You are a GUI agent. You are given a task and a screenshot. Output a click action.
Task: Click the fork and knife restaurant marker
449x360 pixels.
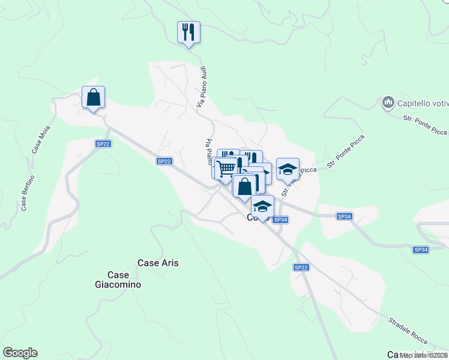[x=188, y=32]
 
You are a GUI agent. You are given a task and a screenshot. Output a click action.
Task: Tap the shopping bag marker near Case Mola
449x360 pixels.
[x=93, y=97]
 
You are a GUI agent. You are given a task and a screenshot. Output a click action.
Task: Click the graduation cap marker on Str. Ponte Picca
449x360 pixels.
[x=288, y=169]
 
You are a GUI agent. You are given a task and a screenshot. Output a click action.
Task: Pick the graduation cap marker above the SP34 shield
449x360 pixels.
[x=262, y=206]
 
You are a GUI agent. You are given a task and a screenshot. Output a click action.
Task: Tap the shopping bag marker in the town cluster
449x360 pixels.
[x=244, y=186]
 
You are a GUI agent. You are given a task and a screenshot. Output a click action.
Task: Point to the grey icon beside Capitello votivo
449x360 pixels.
[x=387, y=103]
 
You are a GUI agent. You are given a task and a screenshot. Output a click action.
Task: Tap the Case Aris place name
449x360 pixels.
[x=158, y=263]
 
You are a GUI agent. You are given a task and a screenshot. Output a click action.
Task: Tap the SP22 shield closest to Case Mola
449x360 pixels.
[x=103, y=143]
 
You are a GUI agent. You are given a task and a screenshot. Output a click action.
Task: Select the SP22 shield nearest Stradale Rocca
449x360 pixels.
[x=301, y=267]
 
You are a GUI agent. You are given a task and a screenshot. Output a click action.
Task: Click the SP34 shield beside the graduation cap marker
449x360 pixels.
[x=280, y=220]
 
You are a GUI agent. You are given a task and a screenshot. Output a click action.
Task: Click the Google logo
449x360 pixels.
[x=20, y=353]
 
